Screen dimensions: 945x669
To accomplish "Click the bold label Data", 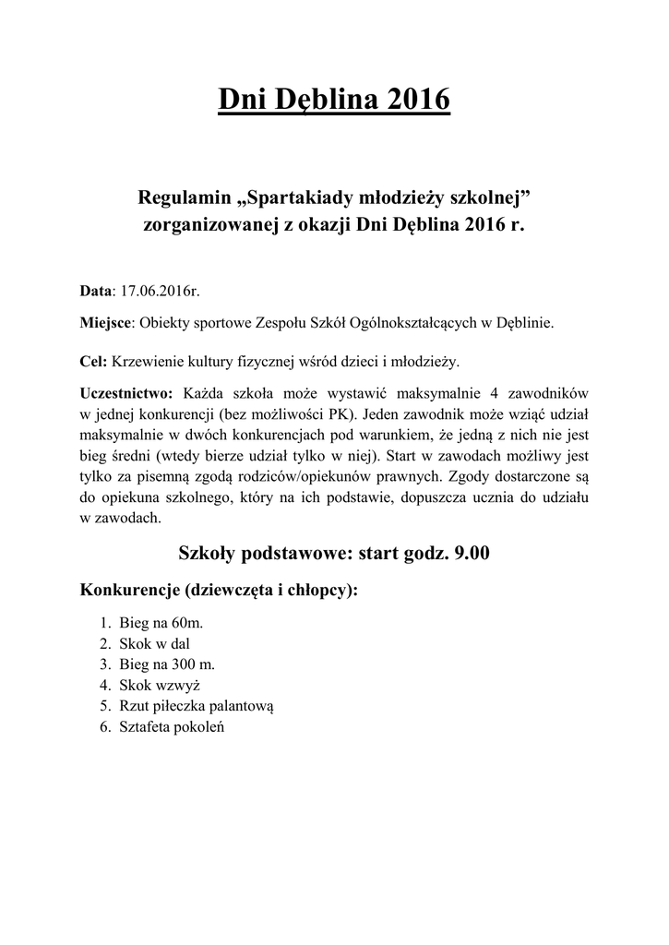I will (96, 291).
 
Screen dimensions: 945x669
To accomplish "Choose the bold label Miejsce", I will (107, 324).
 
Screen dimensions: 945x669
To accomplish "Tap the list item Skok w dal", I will (154, 644).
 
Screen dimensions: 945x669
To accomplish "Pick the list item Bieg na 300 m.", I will (166, 664).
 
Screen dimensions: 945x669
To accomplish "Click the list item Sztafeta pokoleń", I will (172, 726).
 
